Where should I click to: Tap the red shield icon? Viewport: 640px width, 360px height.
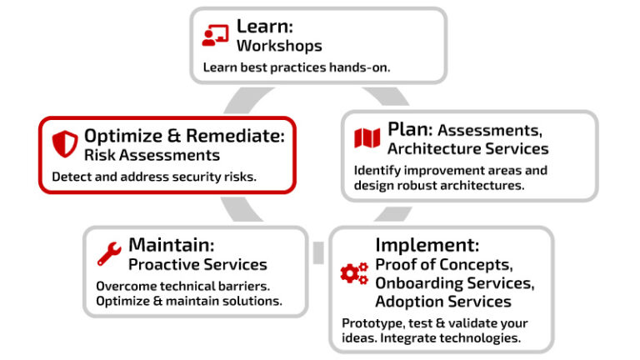(x=64, y=144)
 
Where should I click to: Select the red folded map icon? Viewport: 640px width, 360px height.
(x=367, y=139)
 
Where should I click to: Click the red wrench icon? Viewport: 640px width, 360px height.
(x=109, y=253)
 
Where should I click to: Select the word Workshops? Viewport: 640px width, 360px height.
(x=278, y=45)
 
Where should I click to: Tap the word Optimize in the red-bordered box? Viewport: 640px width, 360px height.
(x=123, y=136)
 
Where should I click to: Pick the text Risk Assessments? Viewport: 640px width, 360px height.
(x=152, y=155)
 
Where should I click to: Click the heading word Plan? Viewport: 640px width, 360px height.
(x=410, y=130)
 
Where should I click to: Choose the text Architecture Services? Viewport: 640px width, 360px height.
(x=467, y=149)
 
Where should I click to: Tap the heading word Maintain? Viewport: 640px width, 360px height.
(x=172, y=245)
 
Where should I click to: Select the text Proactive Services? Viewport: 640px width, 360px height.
(x=197, y=265)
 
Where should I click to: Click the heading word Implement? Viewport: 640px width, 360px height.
(x=427, y=245)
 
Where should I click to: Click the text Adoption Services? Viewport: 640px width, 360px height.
(x=443, y=301)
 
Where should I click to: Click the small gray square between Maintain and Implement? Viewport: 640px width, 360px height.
(x=317, y=252)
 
